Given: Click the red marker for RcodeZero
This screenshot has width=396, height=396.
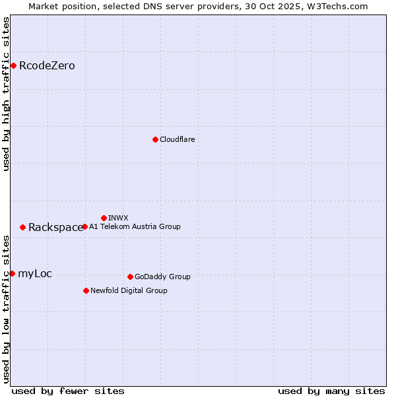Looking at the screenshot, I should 13,65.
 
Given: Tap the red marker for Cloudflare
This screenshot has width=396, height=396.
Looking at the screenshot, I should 155,139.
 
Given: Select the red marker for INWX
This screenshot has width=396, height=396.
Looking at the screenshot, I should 104,218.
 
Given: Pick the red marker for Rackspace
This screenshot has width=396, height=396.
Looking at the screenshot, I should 22,227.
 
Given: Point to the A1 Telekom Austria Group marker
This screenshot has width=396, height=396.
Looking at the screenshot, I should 84,226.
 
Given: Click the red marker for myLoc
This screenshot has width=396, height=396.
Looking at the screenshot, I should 12,273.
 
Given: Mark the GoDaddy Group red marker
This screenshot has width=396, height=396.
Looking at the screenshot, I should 130,277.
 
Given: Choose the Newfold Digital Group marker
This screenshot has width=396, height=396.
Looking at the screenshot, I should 86,290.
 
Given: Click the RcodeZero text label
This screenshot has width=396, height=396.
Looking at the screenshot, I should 47,65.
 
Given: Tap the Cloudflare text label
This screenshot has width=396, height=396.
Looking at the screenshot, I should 177,139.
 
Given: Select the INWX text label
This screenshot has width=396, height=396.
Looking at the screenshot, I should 118,218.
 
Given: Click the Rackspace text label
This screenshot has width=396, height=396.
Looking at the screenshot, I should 55,227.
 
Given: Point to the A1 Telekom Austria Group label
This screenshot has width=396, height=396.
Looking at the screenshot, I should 135,226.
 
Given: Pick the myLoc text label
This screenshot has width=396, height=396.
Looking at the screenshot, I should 35,273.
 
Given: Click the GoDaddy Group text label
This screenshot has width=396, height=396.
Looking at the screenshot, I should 162,277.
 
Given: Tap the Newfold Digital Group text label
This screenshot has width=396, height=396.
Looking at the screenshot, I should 129,290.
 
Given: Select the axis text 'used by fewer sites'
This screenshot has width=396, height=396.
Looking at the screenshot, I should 68,391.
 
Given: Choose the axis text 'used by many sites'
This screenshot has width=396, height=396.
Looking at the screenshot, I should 331,391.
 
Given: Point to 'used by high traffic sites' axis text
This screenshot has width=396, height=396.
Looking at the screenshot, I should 6,94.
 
